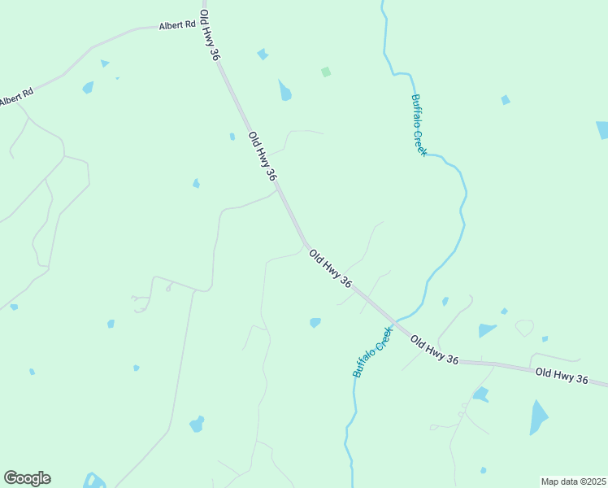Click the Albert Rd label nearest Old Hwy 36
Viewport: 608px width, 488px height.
tap(178, 25)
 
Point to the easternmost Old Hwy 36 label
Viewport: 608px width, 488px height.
tap(561, 375)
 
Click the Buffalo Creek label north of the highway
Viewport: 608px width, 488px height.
tap(419, 124)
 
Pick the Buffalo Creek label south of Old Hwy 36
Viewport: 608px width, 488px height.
tap(372, 351)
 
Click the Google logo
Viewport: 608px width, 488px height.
tap(27, 478)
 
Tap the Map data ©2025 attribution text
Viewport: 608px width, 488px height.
tap(573, 481)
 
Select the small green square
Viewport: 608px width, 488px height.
tap(326, 72)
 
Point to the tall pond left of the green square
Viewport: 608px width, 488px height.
tap(284, 90)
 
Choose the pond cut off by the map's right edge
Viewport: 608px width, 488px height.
tap(602, 130)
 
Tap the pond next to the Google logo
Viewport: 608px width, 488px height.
tap(93, 480)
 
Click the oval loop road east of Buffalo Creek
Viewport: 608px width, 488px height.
tap(525, 328)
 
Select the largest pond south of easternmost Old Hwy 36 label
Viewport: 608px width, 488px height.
tap(538, 417)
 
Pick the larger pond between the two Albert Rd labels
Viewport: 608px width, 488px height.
tap(88, 87)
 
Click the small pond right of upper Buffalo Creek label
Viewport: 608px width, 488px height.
tap(506, 100)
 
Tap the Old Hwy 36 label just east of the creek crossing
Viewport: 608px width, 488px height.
tap(434, 350)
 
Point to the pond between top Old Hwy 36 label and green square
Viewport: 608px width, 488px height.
tap(263, 54)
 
